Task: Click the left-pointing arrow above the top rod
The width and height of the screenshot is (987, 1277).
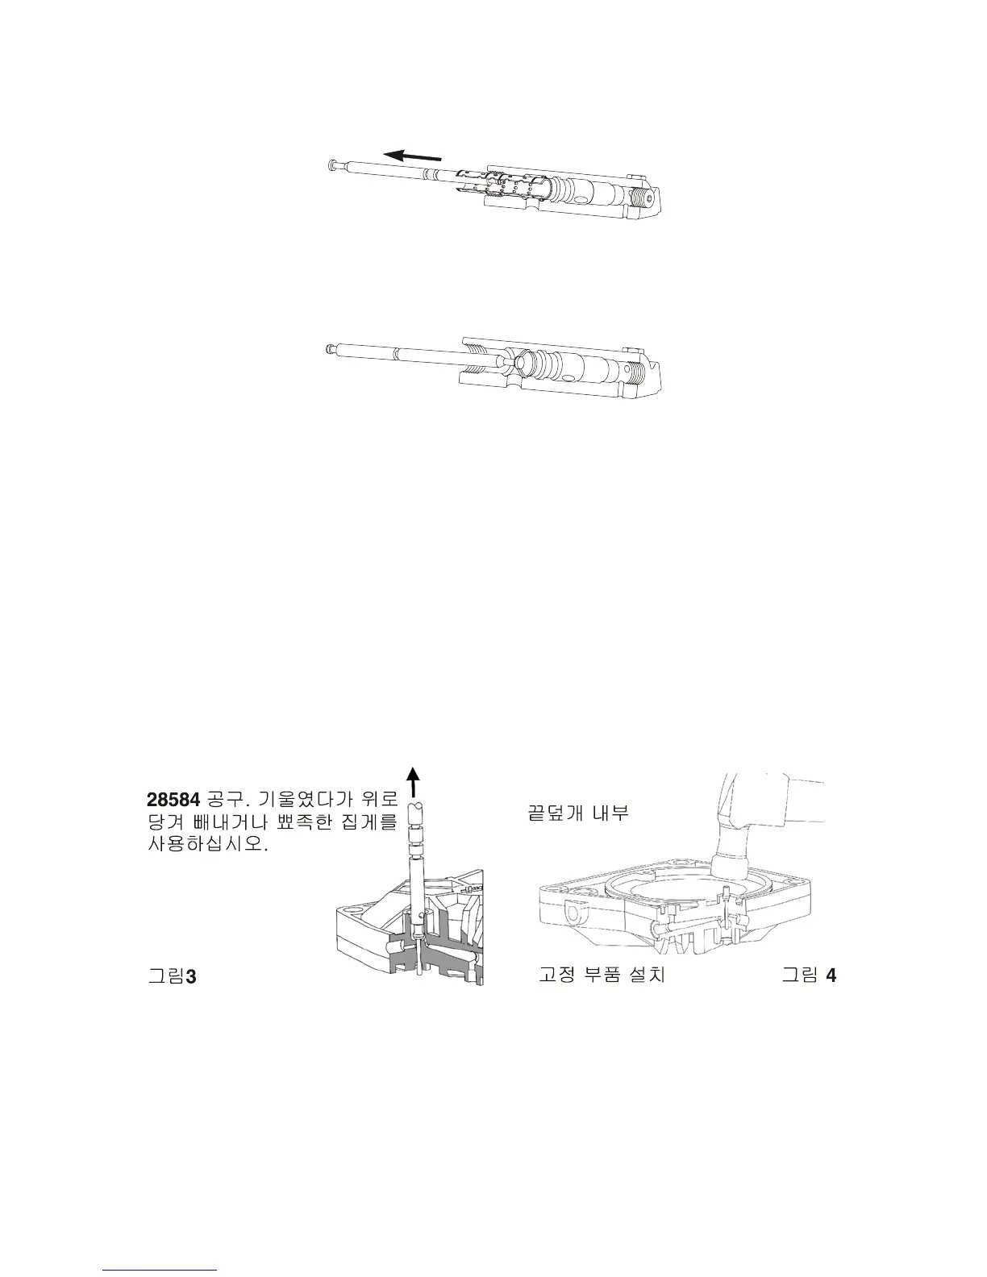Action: [412, 154]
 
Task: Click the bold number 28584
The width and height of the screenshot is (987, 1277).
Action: [173, 800]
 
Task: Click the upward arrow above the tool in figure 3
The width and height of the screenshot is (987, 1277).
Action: [413, 780]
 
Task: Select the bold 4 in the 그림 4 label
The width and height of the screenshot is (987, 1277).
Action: [831, 975]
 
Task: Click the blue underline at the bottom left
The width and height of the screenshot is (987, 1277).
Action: [160, 1270]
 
